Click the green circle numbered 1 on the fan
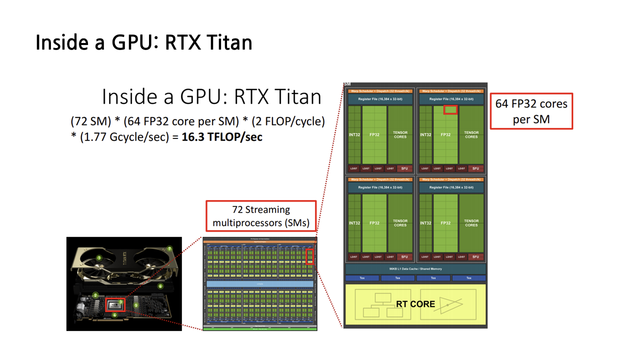[99, 258]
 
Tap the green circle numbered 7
[169, 248]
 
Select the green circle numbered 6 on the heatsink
[160, 286]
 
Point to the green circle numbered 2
[95, 295]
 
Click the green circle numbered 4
[114, 315]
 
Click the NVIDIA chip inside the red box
[115, 304]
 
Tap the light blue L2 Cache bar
[260, 283]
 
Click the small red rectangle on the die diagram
[309, 256]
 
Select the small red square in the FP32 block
[450, 109]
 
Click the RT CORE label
[415, 303]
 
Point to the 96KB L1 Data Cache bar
[415, 269]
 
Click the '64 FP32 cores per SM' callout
[531, 111]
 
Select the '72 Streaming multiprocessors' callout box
[261, 216]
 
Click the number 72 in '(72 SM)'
[80, 121]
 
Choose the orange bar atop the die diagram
[260, 241]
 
